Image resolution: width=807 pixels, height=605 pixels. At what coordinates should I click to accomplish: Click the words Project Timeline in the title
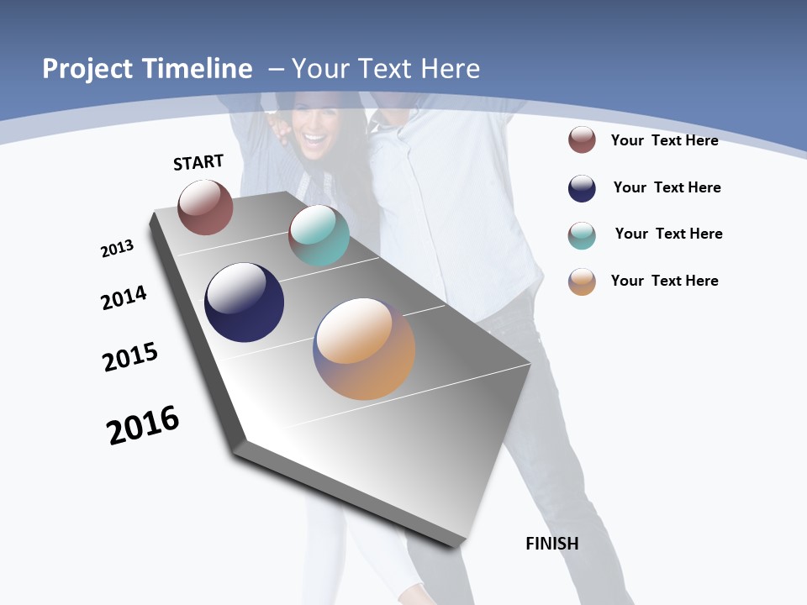[147, 69]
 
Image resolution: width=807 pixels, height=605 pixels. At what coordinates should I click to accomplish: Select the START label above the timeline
[198, 162]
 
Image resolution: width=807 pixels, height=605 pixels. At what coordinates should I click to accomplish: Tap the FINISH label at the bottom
[551, 544]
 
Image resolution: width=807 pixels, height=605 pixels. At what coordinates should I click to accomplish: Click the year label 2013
[117, 249]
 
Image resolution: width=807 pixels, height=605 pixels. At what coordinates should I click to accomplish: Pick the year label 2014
[124, 297]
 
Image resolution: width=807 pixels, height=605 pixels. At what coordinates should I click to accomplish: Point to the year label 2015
[130, 357]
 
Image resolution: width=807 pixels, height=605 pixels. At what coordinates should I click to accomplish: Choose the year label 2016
[143, 425]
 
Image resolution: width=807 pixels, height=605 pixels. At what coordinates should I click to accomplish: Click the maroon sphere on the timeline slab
[205, 208]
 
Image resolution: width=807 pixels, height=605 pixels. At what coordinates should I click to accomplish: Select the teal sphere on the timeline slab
[319, 235]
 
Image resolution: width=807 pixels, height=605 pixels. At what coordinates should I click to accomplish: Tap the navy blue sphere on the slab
[244, 302]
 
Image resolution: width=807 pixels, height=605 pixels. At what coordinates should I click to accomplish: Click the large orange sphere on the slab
[364, 349]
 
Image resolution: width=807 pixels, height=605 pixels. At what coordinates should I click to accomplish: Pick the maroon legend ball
[582, 139]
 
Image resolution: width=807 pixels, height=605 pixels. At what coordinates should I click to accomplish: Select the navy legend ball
[582, 188]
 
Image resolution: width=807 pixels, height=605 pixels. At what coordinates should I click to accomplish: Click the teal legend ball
[582, 235]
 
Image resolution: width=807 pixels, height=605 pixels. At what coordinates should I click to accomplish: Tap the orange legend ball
[582, 281]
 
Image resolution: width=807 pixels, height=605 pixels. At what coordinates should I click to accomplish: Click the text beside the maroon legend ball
[664, 140]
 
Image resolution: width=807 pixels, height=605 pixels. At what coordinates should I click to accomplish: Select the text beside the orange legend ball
[664, 281]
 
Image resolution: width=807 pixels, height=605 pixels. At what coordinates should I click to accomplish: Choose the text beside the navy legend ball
[667, 187]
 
